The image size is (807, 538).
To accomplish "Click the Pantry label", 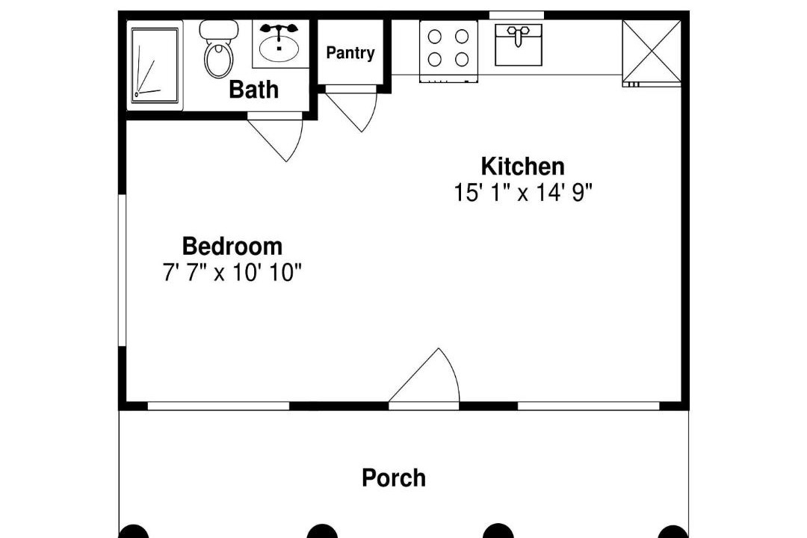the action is [x=350, y=52].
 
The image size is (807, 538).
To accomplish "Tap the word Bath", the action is [x=254, y=90].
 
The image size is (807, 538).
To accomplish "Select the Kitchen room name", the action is [x=522, y=167].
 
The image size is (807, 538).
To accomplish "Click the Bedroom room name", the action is [x=232, y=246].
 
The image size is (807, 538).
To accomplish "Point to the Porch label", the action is [x=394, y=477].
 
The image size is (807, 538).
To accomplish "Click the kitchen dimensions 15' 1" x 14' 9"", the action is [x=523, y=193].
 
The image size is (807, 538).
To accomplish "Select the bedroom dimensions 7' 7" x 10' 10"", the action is [x=232, y=272].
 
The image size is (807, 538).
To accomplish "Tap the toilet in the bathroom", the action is [x=219, y=49].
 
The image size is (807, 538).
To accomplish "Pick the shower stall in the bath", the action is [x=155, y=66].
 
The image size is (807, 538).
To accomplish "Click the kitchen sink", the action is [x=519, y=45].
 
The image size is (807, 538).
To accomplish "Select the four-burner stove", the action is [x=448, y=51].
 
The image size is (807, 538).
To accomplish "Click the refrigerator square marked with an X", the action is [x=652, y=51].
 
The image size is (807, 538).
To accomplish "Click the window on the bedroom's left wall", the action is [x=123, y=270].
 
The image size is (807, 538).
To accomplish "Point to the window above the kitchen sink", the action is [x=516, y=16].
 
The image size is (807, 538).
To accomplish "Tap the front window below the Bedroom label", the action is [x=218, y=406].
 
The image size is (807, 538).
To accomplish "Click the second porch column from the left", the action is [x=322, y=532].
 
